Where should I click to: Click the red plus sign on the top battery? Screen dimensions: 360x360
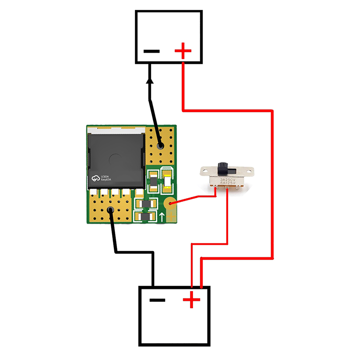[x=183, y=51]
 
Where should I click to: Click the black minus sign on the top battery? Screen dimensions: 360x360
[x=152, y=51]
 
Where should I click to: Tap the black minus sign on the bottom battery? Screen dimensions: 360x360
[x=157, y=300]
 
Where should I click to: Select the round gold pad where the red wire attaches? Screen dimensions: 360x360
[x=170, y=204]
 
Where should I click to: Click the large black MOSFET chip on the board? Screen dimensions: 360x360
[x=116, y=160]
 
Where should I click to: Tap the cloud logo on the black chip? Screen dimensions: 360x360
[x=95, y=178]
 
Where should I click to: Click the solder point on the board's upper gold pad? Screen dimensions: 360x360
[x=160, y=146]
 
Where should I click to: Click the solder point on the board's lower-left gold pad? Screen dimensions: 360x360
[x=109, y=210]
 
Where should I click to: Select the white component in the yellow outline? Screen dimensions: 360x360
[x=167, y=181]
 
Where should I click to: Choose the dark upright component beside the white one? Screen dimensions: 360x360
[x=153, y=181]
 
